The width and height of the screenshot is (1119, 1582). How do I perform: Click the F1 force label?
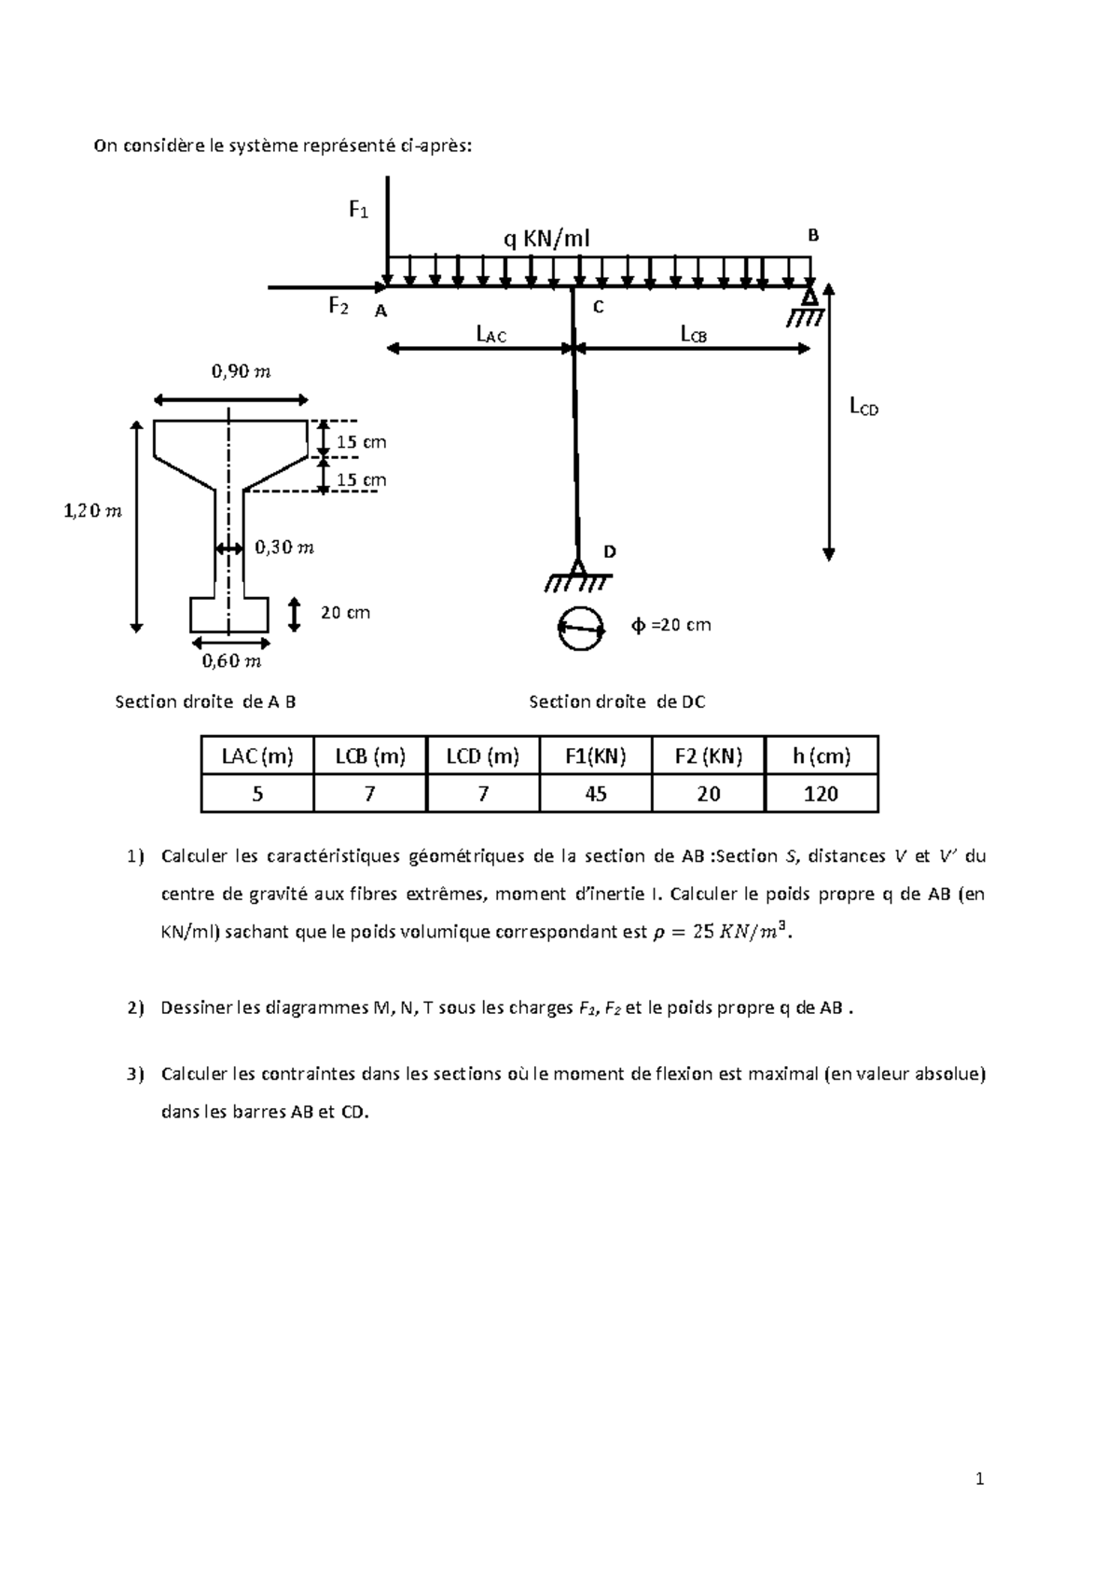pos(359,210)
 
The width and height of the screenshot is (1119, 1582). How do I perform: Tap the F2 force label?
pos(338,307)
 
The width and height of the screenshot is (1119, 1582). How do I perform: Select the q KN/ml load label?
pos(546,240)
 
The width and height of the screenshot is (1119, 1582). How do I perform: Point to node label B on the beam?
pos(813,235)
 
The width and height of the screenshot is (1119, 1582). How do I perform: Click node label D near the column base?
pos(609,551)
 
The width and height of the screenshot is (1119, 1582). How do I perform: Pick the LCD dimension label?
pos(864,407)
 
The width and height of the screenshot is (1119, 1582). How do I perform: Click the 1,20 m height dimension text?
pos(92,511)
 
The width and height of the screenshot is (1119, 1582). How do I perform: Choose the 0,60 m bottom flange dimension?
pos(231,661)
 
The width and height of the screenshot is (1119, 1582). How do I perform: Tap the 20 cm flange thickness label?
pos(345,612)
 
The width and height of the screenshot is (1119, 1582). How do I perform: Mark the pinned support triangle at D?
pos(578,566)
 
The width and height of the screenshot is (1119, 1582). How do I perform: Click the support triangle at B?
pos(809,292)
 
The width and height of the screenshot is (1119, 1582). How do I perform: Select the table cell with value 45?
pos(596,794)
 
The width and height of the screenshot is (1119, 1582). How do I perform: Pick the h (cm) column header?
pos(822,756)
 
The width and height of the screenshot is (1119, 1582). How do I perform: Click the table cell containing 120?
pos(822,794)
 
